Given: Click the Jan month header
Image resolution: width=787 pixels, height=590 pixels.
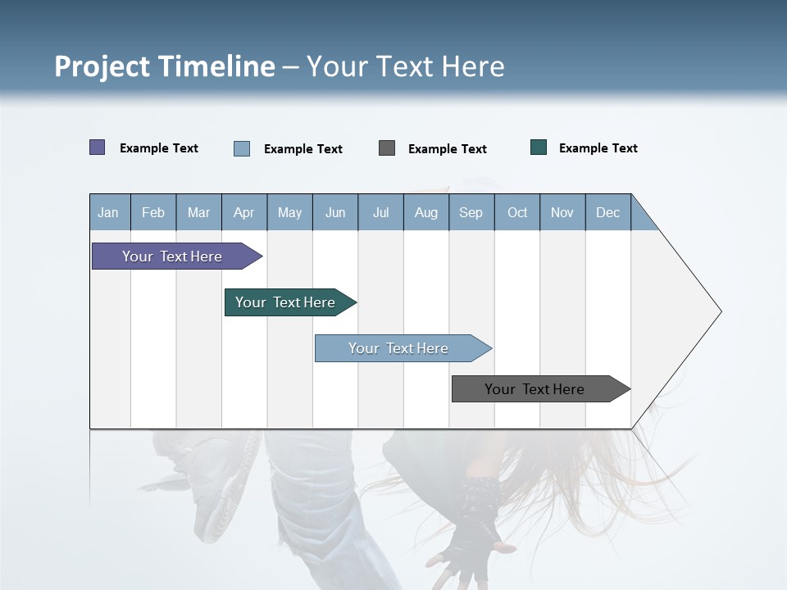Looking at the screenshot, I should click(109, 212).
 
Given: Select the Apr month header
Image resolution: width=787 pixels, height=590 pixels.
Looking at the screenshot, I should click(244, 212).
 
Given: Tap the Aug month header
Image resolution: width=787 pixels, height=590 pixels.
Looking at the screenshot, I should click(425, 212).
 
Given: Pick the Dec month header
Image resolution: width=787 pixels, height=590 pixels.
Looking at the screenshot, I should click(607, 212).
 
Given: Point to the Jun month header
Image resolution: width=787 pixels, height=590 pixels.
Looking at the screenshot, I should click(335, 212).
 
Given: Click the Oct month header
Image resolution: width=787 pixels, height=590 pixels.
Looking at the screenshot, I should click(517, 212).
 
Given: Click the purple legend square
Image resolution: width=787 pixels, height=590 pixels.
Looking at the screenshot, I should click(98, 147).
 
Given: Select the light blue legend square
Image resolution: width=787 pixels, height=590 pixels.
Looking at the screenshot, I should click(242, 148).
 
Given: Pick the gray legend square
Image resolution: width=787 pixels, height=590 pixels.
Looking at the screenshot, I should click(387, 147).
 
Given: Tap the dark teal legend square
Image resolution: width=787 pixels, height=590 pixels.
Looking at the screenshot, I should click(539, 147).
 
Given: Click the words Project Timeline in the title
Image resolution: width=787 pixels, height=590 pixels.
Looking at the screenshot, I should click(165, 66).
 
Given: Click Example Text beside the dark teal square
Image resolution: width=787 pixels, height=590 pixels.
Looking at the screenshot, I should click(598, 148).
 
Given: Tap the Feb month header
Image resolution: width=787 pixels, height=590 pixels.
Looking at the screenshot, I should click(153, 212).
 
